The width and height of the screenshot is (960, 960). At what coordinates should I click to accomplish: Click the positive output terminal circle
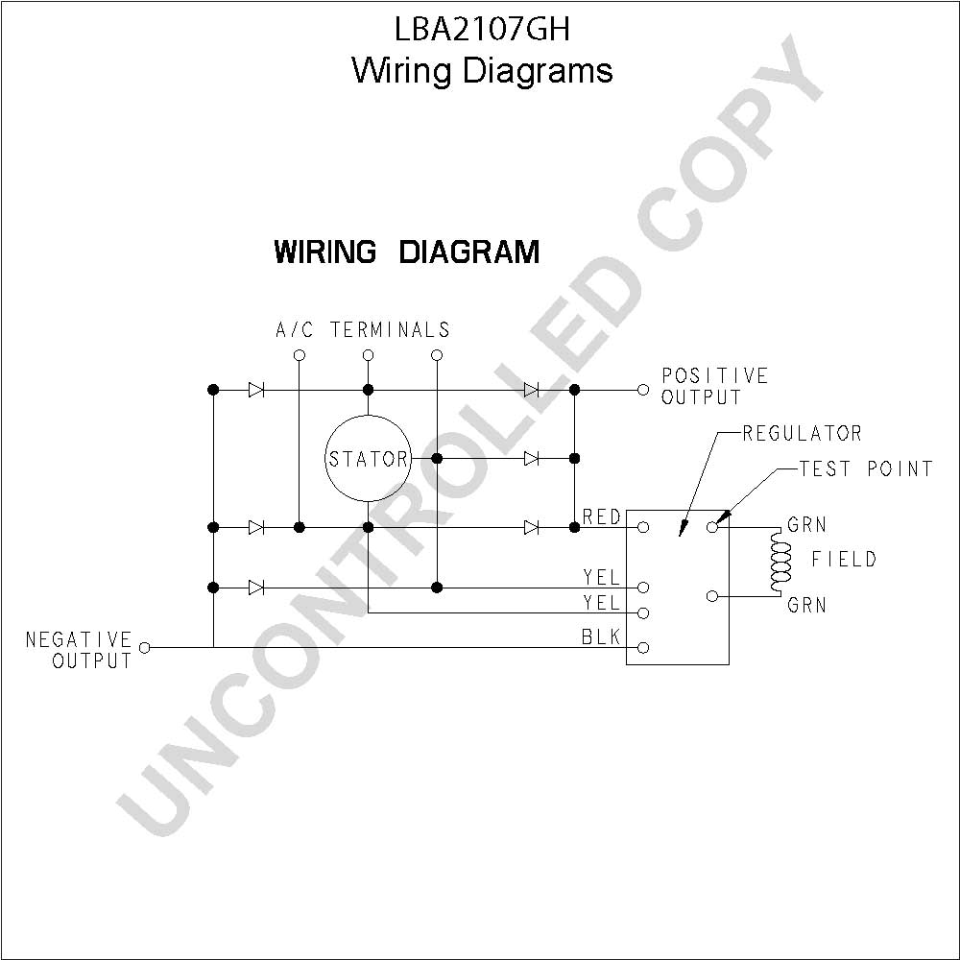click(643, 390)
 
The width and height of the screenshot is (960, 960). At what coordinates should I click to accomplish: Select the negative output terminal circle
click(145, 647)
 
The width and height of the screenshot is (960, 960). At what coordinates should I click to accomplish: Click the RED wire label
click(601, 517)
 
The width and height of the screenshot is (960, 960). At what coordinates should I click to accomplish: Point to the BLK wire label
click(601, 637)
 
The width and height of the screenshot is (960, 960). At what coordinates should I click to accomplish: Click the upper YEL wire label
click(601, 577)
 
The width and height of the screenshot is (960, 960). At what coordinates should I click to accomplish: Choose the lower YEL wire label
click(601, 603)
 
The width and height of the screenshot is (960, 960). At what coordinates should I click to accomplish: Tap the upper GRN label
click(806, 525)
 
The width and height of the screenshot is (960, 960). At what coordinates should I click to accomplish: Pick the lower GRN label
click(806, 605)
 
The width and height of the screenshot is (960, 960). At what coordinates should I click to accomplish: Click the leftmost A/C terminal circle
click(300, 355)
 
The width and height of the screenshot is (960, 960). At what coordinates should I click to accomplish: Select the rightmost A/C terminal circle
click(437, 355)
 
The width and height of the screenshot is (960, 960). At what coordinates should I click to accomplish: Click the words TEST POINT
click(866, 469)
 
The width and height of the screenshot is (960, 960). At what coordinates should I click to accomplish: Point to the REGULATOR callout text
click(802, 434)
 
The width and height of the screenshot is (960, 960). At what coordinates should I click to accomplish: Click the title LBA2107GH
click(482, 29)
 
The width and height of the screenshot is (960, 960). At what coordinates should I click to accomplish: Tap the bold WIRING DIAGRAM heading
click(406, 252)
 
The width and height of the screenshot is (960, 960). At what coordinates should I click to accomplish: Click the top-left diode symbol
click(256, 390)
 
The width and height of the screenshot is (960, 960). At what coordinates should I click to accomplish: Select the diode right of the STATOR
click(532, 458)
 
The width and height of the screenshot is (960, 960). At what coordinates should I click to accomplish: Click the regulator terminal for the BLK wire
click(643, 648)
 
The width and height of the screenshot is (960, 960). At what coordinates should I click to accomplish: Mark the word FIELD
click(844, 559)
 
